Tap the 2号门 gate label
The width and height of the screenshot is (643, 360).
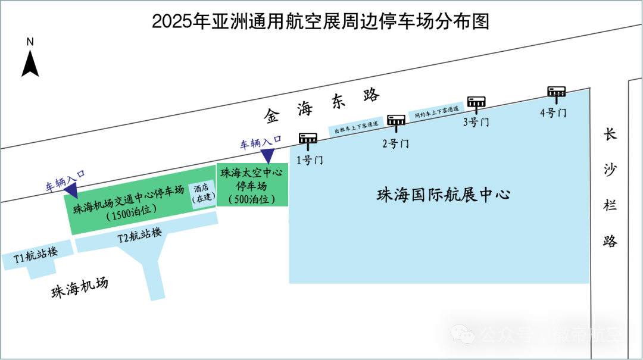point(395,143)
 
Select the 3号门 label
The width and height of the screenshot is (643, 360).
point(476,123)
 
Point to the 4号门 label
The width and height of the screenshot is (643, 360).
point(553,112)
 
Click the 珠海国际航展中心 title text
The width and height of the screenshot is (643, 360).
point(444,195)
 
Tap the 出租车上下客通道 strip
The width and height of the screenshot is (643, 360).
point(356,128)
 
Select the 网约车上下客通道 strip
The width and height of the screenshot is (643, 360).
point(437,111)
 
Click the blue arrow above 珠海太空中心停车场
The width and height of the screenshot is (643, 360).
point(267,155)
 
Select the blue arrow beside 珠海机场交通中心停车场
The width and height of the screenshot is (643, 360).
point(70,190)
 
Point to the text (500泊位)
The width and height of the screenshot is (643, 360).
point(251,199)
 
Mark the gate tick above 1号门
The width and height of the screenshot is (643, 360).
point(309,146)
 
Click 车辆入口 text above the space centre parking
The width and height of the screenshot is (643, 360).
point(261,142)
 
